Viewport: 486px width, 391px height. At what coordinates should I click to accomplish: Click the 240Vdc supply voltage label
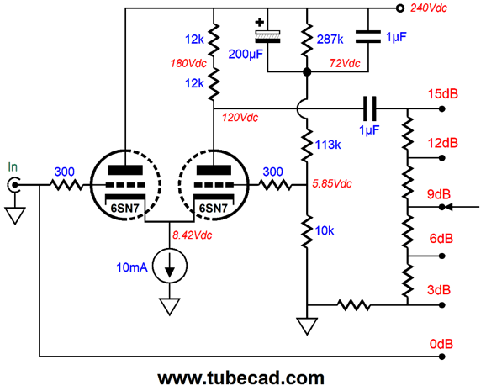[429, 8]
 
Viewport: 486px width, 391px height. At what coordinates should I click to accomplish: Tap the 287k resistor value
[330, 40]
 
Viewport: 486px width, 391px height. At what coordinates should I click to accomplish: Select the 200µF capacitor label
[246, 55]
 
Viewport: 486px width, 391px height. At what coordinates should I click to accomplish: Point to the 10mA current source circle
[170, 266]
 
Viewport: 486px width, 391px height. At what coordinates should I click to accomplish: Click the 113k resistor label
[328, 145]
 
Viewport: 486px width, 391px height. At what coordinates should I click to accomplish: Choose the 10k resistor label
[325, 230]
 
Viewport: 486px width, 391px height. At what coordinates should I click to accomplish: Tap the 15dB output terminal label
[443, 93]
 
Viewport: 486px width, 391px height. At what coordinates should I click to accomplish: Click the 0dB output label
[441, 344]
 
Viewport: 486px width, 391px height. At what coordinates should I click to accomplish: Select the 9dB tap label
[439, 194]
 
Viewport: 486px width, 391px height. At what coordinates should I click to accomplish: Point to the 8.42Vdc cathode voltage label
[193, 235]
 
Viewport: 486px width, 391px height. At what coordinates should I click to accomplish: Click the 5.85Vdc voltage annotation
[331, 184]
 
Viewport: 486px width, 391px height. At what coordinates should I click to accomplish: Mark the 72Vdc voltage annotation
[345, 63]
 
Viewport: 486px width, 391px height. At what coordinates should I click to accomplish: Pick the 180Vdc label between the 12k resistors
[188, 64]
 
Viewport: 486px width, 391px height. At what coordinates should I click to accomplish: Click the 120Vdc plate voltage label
[240, 118]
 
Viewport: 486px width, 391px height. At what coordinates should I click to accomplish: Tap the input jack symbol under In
[14, 185]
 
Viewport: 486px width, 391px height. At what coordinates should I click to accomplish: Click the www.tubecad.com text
[240, 378]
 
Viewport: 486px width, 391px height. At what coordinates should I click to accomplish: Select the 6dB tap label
[441, 239]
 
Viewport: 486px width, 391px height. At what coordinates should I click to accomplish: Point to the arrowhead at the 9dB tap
[448, 207]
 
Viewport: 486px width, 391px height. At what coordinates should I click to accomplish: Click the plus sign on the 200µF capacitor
[260, 23]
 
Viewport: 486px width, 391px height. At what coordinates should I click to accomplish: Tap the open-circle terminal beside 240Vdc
[400, 8]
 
